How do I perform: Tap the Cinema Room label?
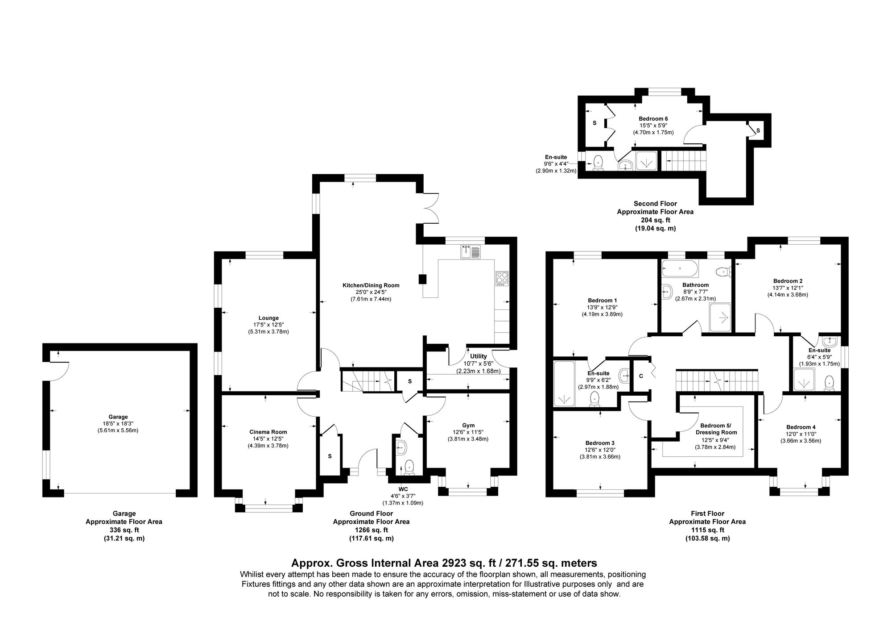coord(268,432)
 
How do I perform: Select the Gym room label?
coord(468,425)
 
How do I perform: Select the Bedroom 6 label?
coord(653,118)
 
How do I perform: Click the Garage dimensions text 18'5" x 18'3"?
coord(118,424)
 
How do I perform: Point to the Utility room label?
coord(478,356)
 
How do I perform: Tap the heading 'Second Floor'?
coord(655,204)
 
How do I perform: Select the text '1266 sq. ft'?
coord(371,530)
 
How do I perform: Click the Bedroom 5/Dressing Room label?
coord(716,429)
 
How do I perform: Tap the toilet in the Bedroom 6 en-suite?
coord(598,163)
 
